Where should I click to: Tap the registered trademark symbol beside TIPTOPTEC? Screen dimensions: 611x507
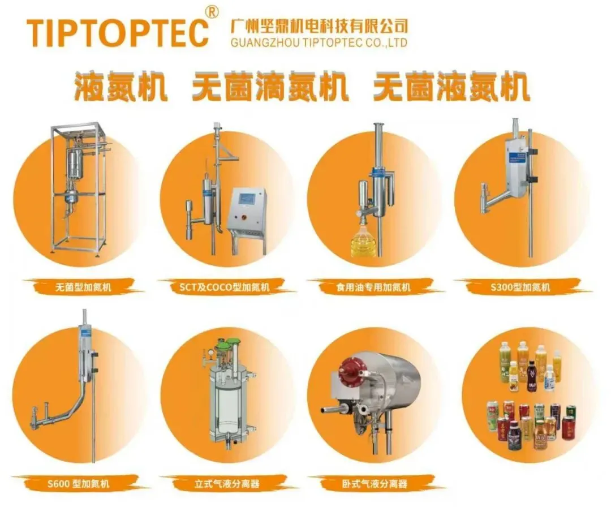tap(212, 12)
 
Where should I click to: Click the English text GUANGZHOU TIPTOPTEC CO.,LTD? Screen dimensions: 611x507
tap(319, 42)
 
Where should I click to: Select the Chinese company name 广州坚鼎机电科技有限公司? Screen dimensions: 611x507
tap(319, 25)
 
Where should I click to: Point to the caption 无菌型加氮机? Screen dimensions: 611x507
tap(83, 287)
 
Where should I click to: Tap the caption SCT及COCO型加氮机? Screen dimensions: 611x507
tap(224, 287)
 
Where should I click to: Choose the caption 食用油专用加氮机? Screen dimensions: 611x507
tap(373, 287)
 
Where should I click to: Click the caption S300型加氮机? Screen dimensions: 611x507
tap(520, 287)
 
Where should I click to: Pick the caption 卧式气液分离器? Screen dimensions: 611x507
tap(375, 484)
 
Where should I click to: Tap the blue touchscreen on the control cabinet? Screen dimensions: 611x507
tap(246, 199)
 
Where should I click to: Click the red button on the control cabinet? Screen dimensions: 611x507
tap(244, 216)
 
